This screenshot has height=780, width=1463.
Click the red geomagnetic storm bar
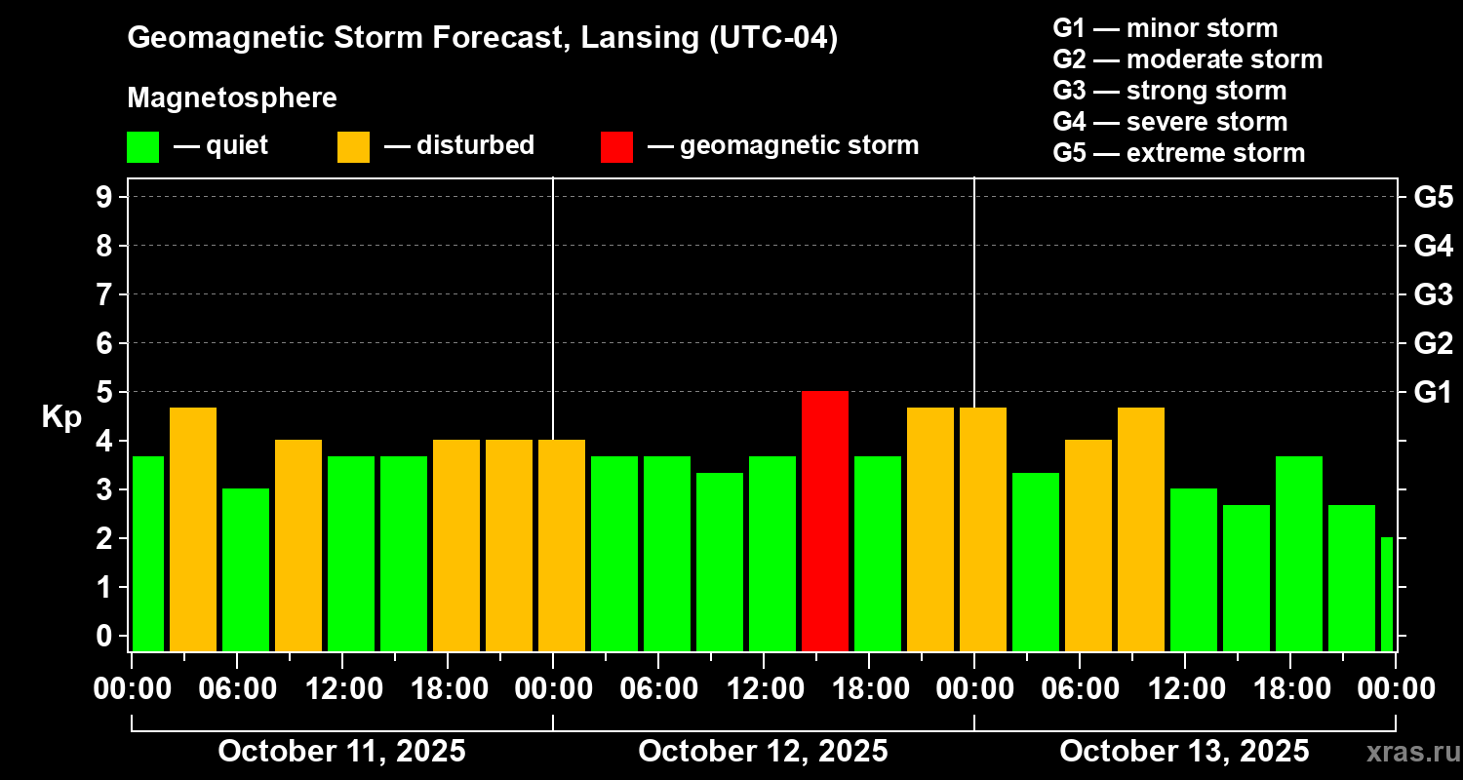[825, 521]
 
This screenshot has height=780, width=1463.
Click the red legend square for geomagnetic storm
[616, 146]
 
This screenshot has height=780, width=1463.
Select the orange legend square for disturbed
[353, 146]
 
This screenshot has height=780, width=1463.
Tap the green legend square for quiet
[142, 146]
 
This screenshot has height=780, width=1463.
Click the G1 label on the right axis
[1433, 392]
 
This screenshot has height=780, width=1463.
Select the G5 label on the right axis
[1433, 197]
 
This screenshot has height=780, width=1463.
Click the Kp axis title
[61, 417]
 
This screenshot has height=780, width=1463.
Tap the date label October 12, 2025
[763, 752]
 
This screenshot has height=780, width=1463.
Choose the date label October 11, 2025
[341, 752]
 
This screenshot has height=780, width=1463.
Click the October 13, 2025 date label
[1184, 752]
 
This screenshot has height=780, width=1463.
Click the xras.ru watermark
[1406, 753]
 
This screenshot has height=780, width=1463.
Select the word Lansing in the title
[634, 38]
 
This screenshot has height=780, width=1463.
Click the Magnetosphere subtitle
[232, 98]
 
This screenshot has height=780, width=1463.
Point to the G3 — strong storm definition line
[1169, 91]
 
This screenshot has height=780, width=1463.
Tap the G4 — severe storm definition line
[1169, 122]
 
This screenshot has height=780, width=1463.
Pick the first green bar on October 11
[148, 553]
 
